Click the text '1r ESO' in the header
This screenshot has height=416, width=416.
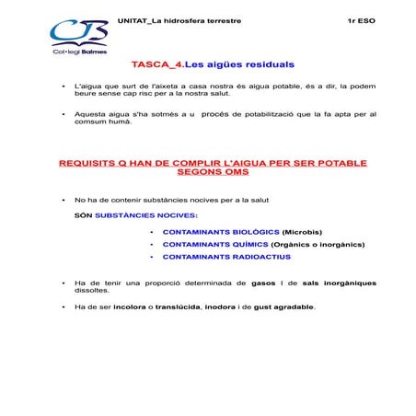pyautogui.click(x=362, y=19)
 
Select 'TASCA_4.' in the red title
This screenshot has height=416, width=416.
pyautogui.click(x=157, y=65)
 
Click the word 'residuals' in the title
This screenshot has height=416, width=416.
pyautogui.click(x=266, y=65)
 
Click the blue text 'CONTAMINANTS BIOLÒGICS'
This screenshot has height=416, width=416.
pyautogui.click(x=221, y=231)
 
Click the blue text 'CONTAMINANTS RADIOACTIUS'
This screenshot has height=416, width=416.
pyautogui.click(x=225, y=257)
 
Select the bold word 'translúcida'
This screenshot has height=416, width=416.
pyautogui.click(x=178, y=306)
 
